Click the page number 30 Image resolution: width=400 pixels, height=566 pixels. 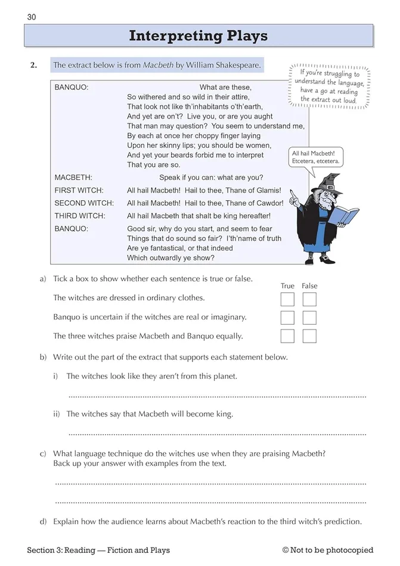tap(32, 17)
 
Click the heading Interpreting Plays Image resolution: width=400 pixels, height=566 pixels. tap(199, 36)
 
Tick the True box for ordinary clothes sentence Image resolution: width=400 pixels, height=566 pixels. tap(287, 299)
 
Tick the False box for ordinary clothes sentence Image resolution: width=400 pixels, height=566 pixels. tap(309, 299)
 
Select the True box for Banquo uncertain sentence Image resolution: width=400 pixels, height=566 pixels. tap(287, 318)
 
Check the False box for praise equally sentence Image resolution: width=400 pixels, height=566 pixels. tap(309, 336)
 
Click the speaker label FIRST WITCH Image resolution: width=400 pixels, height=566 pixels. tap(79, 191)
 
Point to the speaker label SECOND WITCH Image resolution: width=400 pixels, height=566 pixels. tap(83, 203)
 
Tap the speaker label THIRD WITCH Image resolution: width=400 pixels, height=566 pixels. tap(80, 216)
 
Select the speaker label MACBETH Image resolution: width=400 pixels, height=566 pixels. tap(73, 178)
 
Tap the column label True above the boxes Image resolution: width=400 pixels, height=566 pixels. tap(287, 286)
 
